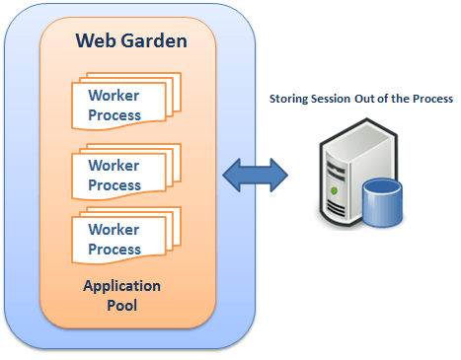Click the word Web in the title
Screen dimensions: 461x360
pyautogui.click(x=96, y=40)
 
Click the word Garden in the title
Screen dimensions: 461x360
pyautogui.click(x=154, y=40)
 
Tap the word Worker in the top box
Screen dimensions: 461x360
pyautogui.click(x=114, y=96)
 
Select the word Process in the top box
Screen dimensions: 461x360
pyautogui.click(x=115, y=115)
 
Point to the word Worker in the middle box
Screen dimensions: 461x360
pyautogui.click(x=114, y=166)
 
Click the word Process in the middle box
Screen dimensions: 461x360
pyautogui.click(x=115, y=185)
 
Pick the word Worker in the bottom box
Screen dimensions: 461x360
pyautogui.click(x=114, y=230)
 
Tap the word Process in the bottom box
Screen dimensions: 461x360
pyautogui.click(x=115, y=250)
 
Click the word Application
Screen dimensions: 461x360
pyautogui.click(x=121, y=287)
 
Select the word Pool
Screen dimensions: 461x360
pyautogui.click(x=122, y=306)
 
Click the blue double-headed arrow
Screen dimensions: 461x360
pyautogui.click(x=256, y=176)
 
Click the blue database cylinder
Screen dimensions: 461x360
pyautogui.click(x=382, y=203)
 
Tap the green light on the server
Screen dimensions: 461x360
pyautogui.click(x=335, y=190)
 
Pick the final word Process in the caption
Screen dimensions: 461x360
pyautogui.click(x=432, y=99)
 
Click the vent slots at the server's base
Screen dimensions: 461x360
pyautogui.click(x=336, y=208)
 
